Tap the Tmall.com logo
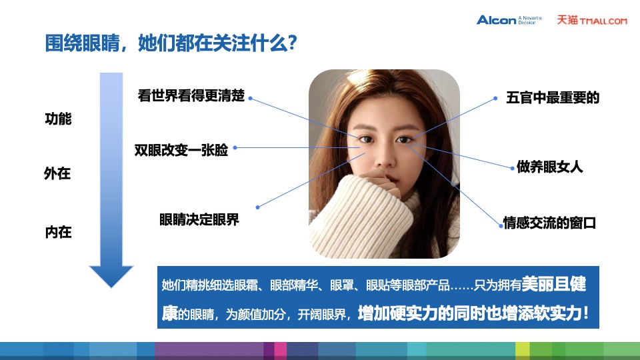pos(592,20)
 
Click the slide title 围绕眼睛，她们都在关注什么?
pos(170,45)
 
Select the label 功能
pos(58,120)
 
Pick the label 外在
pos(58,174)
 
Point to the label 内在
pos(58,233)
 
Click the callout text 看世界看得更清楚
pos(191,95)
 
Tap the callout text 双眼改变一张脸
pos(181,151)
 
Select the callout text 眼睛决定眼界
pos(199,219)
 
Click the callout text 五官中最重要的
pos(553,98)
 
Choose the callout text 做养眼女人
pos(550,167)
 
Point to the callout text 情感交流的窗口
pos(549,223)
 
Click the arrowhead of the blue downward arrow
pos(111,275)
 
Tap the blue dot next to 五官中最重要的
pos(495,98)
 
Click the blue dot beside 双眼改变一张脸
pos(235,148)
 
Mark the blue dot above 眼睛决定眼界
pos(259,206)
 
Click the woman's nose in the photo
pos(383,158)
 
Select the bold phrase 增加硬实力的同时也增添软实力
pos(469,313)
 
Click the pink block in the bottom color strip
pos(280,350)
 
